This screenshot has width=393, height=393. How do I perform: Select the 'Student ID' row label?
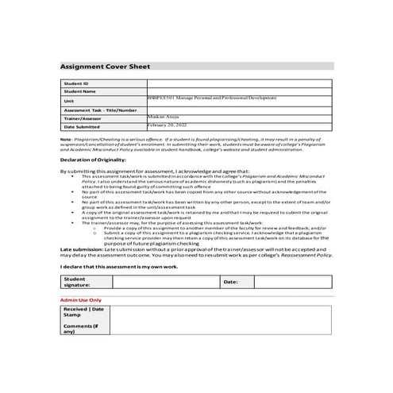point(76,83)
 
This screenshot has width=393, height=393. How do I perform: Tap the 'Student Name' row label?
point(79,91)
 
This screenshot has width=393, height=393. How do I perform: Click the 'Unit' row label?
point(69,101)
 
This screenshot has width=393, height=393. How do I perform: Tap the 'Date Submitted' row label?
point(82,126)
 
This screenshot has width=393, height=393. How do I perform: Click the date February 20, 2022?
point(168,125)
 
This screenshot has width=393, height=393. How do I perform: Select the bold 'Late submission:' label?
point(83,249)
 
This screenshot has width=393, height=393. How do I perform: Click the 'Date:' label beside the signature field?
point(230,282)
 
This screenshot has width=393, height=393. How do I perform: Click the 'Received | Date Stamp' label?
point(83,312)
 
